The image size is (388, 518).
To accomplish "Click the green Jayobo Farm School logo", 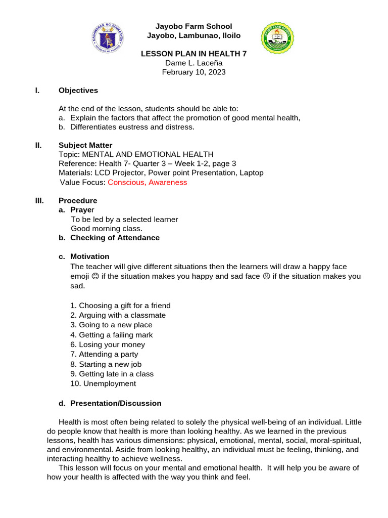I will coord(277,38).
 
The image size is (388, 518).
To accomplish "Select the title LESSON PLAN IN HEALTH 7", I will coord(193,53).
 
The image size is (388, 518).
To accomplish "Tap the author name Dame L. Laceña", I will coord(193,63).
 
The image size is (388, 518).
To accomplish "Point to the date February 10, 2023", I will coord(193,72).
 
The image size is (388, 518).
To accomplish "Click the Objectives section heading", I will coord(78,91).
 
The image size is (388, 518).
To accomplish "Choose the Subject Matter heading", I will coord(85,145).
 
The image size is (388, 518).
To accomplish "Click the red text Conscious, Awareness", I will coord(147,182).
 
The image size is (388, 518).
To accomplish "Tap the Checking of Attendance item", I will coord(115,238).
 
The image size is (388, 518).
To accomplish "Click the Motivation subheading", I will coord(89,256).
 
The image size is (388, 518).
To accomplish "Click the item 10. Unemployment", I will coord(104,383).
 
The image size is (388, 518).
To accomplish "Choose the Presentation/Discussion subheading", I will coord(116,403).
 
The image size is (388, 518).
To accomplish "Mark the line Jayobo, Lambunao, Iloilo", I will coord(193,35).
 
